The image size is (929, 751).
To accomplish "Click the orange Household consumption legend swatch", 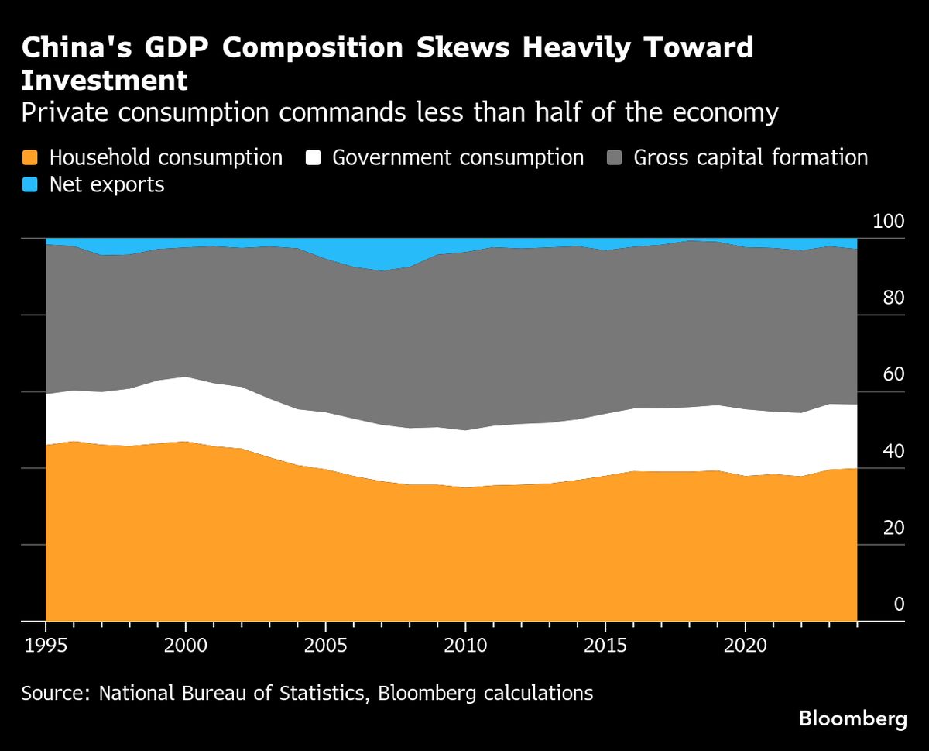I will pos(30,157).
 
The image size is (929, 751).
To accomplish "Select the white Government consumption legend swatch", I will pos(313,157).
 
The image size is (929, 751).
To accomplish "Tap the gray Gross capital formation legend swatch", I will pos(615,157).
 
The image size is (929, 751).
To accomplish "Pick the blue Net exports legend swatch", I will pos(30,184).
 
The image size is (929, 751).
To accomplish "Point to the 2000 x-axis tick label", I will pos(186,646).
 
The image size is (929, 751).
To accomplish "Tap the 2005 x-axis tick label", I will pos(325,646).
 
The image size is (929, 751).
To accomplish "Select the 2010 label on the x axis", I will pos(465,646).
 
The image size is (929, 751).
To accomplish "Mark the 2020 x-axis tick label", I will pos(745,646).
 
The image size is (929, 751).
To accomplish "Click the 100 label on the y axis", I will pos(888,222).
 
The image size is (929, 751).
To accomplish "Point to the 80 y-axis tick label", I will pos(893,298).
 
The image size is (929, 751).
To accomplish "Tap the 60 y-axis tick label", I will pos(893,375).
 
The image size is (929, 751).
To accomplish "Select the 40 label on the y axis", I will pos(893,451).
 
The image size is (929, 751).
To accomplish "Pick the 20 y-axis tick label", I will pos(893,528).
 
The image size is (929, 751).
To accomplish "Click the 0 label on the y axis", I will pos(899,605).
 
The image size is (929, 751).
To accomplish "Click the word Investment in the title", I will pos(105,81).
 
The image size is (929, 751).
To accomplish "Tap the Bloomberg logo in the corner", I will pos(852,719).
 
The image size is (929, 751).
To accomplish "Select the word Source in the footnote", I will pos(53,693).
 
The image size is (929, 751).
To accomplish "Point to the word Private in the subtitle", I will pos(63,113).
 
